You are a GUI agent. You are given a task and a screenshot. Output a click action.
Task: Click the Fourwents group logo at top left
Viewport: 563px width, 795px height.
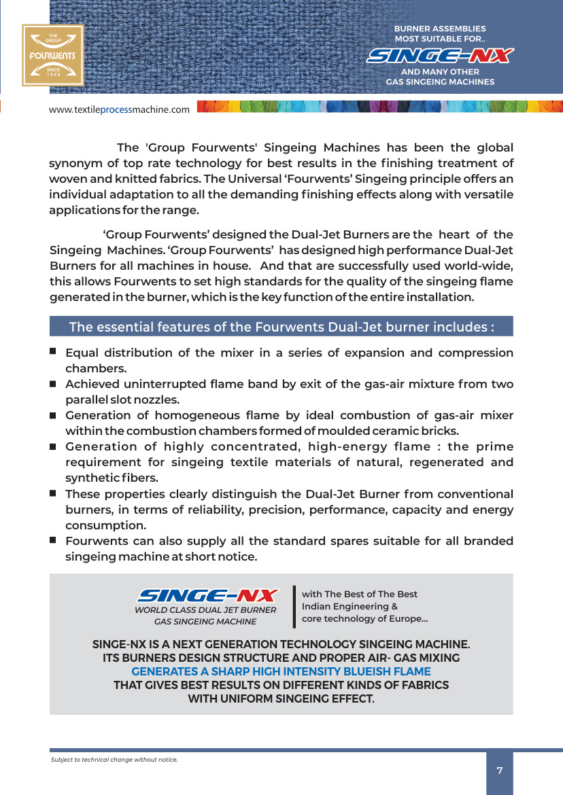52,55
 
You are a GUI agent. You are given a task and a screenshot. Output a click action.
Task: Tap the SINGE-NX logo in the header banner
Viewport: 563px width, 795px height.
440,56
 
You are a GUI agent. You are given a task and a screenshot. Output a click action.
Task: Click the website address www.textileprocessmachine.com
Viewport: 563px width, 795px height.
119,109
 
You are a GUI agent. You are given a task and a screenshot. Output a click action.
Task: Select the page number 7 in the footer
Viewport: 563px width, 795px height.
500,771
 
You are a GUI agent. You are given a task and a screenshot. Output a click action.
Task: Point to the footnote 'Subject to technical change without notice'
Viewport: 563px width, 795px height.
114,759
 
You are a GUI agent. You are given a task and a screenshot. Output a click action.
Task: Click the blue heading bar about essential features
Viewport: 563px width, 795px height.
281,327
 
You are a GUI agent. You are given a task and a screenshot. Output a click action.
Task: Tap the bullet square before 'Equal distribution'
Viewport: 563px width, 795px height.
52,352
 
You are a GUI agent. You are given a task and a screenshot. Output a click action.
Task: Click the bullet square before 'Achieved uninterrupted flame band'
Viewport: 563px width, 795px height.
52,384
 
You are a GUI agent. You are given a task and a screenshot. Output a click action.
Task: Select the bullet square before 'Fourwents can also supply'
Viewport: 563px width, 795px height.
52,540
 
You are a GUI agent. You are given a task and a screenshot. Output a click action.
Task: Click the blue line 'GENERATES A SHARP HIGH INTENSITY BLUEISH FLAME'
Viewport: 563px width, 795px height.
281,671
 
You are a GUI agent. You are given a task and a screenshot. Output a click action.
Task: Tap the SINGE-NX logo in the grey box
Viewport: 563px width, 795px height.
207,595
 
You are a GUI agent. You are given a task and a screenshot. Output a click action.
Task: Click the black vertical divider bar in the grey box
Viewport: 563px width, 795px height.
294,606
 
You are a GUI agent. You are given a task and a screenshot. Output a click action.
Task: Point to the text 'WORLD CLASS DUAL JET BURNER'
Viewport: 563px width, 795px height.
205,609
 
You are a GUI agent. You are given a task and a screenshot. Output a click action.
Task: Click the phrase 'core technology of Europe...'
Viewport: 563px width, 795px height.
364,618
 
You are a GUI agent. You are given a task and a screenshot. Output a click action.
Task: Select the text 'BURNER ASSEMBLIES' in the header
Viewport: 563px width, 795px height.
440,29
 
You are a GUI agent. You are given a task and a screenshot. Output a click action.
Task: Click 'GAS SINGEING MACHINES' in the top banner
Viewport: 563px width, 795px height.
440,82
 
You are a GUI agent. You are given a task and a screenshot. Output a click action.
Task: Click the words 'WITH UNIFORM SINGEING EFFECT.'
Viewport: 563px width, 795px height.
281,699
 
